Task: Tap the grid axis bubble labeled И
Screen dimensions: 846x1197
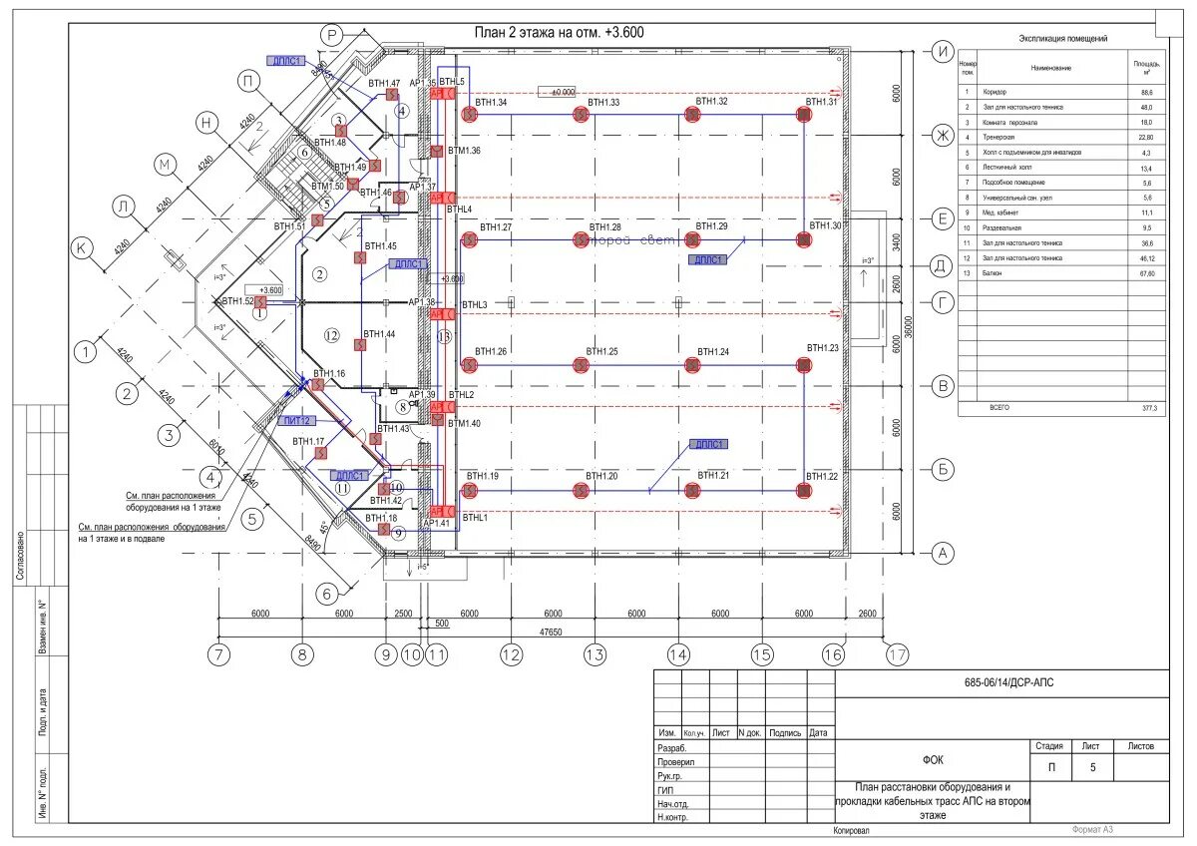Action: coord(940,51)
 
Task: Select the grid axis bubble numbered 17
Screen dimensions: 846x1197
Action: coord(897,655)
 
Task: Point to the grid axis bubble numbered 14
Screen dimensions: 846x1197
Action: coord(678,655)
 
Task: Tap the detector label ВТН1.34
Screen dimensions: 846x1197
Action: coord(491,103)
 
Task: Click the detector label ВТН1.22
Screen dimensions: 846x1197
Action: coord(823,476)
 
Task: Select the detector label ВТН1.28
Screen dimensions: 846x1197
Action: coord(604,228)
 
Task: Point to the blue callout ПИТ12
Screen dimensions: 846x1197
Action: coord(298,421)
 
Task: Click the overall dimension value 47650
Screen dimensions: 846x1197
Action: coord(550,633)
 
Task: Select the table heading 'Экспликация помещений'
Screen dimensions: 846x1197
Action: coord(1062,39)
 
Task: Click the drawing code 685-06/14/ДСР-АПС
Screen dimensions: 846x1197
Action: coord(1000,683)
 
